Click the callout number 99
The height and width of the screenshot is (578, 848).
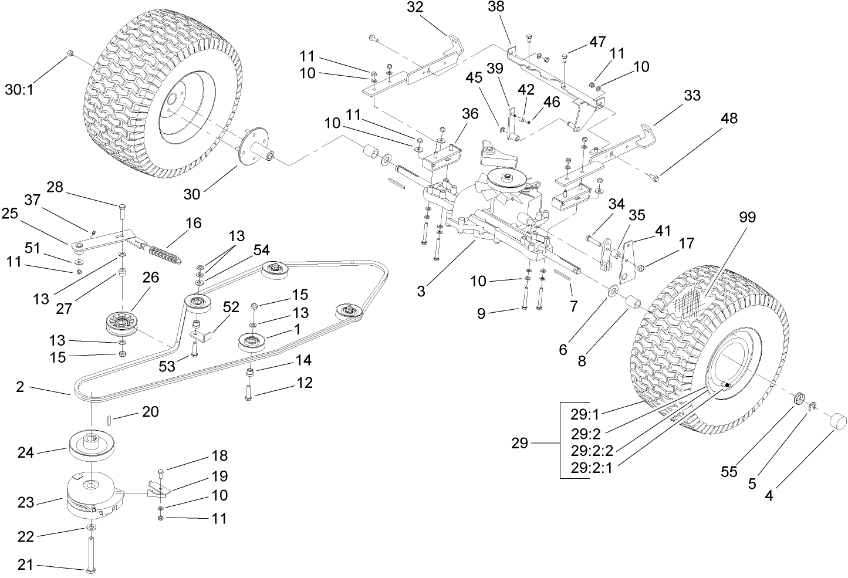tap(747, 217)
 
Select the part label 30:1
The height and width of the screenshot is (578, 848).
tap(21, 89)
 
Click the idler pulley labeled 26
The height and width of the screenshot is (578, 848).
tap(121, 325)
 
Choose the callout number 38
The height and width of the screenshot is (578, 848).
tap(496, 6)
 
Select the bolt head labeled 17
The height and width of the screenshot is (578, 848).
tap(641, 268)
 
